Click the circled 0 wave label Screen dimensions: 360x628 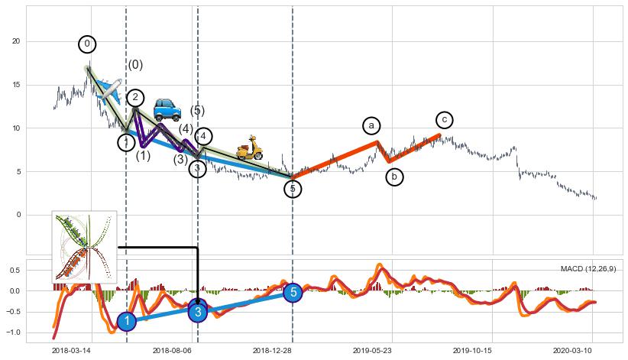pos(87,44)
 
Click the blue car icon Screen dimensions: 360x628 pos(167,109)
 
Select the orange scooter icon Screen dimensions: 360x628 pos(249,148)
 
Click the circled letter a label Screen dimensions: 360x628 pos(371,125)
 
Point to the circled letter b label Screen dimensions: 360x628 pos(394,177)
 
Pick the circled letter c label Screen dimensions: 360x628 pos(445,120)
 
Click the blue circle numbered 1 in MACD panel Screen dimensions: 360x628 pos(127,322)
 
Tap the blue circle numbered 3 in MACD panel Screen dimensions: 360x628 pos(198,311)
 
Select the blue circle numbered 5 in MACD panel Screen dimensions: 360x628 pos(293,292)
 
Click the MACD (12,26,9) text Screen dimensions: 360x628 pos(588,269)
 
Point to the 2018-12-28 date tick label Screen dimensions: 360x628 pos(273,349)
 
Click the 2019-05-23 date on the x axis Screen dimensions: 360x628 pos(372,349)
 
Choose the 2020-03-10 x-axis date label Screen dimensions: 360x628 pos(573,349)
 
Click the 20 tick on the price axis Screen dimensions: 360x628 pos(15,41)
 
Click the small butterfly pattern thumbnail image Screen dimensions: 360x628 pos(84,247)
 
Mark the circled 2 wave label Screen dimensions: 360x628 pos(135,98)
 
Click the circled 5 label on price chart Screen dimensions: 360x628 pos(293,189)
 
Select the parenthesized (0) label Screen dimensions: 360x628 pos(135,65)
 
